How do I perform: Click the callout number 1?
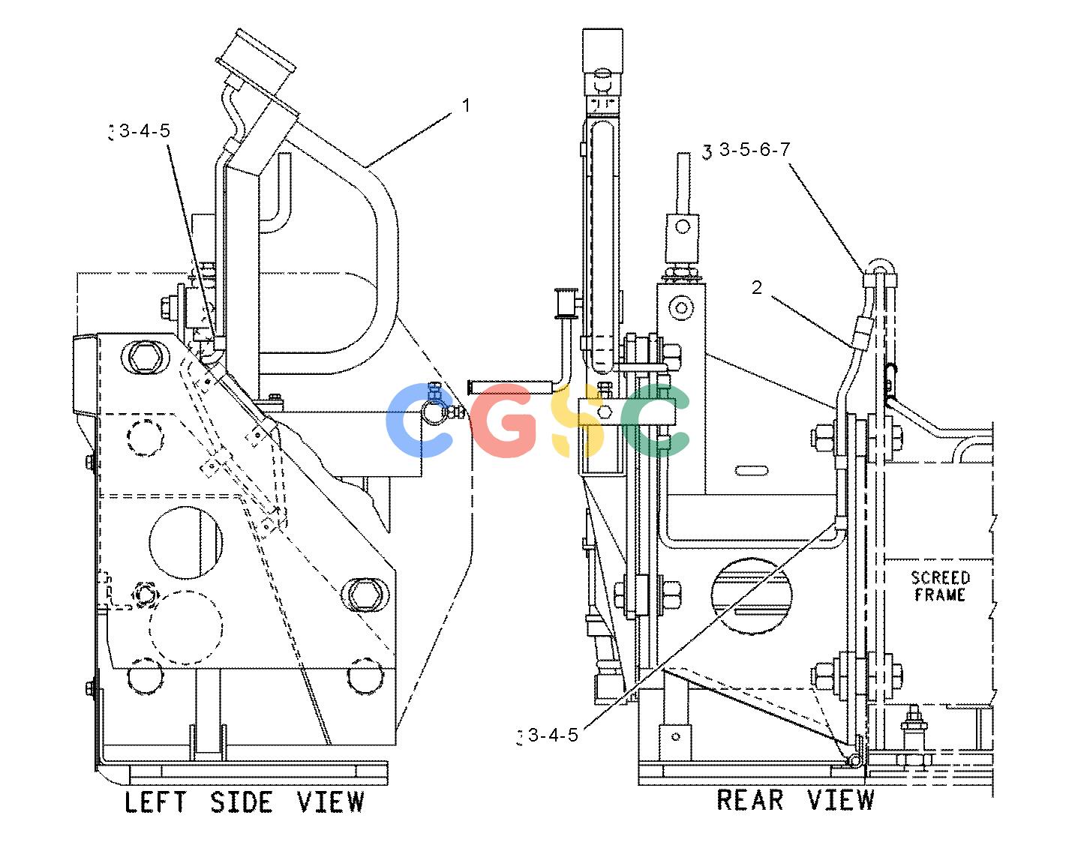[x=466, y=105]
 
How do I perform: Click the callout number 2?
[x=756, y=287]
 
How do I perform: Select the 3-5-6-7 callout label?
[x=755, y=149]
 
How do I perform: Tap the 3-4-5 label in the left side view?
[x=145, y=131]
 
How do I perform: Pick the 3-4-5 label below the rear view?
[x=553, y=736]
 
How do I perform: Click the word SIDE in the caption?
[x=242, y=802]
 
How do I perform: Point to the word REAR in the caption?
[x=750, y=800]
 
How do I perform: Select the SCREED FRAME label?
[x=940, y=586]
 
